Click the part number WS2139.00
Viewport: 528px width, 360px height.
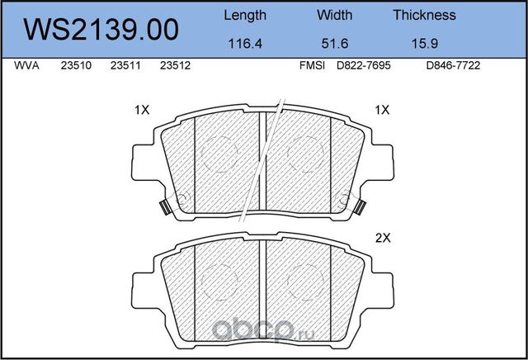point(101,30)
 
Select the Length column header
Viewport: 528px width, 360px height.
point(245,16)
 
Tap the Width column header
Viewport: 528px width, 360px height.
point(335,15)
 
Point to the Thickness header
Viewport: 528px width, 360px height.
point(425,15)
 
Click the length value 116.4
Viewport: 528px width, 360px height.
point(245,44)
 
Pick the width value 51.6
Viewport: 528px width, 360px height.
point(335,44)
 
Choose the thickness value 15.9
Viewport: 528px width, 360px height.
point(425,44)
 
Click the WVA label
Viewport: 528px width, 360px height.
point(26,65)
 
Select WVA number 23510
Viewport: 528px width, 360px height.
point(76,65)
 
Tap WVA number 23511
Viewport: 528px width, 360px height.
point(125,65)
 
